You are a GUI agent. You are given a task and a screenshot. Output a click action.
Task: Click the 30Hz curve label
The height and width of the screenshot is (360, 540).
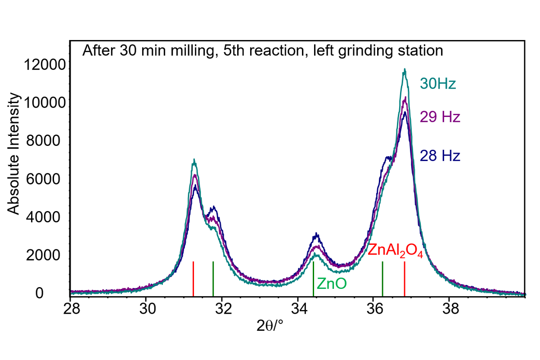(438, 84)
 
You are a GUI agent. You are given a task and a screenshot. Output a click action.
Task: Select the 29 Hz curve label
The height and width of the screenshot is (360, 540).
(440, 117)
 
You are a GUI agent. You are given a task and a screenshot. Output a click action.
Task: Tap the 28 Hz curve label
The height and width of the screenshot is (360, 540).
(440, 156)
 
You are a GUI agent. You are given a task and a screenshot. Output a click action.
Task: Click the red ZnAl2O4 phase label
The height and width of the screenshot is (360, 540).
(396, 251)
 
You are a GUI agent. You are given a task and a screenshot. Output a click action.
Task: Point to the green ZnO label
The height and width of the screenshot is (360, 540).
(332, 283)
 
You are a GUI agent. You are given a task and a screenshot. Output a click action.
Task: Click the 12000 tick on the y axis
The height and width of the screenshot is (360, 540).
(45, 65)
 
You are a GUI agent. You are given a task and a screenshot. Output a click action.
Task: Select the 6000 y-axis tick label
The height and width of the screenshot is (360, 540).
(43, 179)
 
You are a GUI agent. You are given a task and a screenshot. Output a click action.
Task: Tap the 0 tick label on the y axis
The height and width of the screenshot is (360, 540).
(40, 293)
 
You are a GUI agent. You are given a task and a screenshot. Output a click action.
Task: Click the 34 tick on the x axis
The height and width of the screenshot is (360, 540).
(299, 309)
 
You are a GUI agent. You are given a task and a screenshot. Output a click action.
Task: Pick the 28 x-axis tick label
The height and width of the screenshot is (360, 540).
(72, 309)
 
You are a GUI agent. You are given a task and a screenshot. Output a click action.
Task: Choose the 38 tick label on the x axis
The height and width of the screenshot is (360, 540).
(450, 309)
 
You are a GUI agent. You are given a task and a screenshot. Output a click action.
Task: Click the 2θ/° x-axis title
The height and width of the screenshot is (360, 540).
(270, 326)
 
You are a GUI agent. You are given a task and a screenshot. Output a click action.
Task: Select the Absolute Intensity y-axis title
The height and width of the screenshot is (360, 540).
(13, 153)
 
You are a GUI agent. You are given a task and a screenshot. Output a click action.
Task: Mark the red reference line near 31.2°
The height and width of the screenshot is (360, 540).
(193, 279)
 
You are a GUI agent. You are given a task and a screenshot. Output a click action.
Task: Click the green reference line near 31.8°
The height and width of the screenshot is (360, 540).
(213, 279)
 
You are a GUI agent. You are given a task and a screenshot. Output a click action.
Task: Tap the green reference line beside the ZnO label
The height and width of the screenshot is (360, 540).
(313, 279)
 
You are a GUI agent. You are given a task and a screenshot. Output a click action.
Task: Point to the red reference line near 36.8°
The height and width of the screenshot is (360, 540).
(405, 279)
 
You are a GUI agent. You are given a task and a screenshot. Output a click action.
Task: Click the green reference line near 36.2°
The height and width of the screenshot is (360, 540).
(382, 279)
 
